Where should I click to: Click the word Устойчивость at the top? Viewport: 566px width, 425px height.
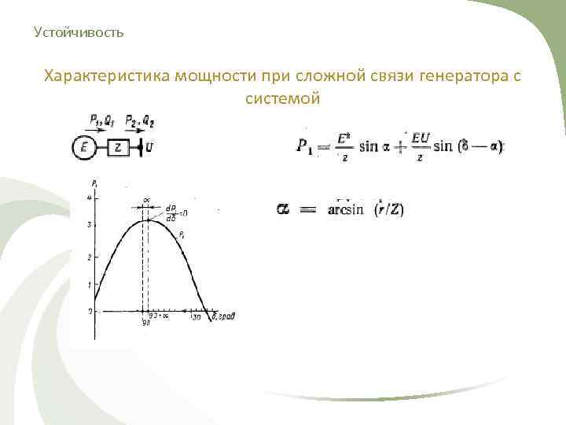tap(79, 33)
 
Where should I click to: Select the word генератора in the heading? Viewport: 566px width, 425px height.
tap(445, 76)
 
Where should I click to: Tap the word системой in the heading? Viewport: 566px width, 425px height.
tap(283, 99)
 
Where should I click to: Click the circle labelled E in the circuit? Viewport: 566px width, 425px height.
tap(83, 146)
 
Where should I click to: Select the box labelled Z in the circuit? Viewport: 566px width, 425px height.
tap(117, 146)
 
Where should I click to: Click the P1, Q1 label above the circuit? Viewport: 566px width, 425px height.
tap(101, 122)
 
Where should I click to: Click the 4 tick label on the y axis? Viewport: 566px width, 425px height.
tap(90, 196)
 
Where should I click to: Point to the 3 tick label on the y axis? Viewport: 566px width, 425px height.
tap(90, 226)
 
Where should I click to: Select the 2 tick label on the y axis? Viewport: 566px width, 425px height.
tap(90, 257)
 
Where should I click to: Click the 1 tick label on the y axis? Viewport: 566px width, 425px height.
tap(90, 285)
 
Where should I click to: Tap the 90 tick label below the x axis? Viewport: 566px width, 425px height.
tap(145, 322)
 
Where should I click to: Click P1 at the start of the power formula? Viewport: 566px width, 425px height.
tap(305, 146)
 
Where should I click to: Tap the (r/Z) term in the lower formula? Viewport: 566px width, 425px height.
tap(388, 210)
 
